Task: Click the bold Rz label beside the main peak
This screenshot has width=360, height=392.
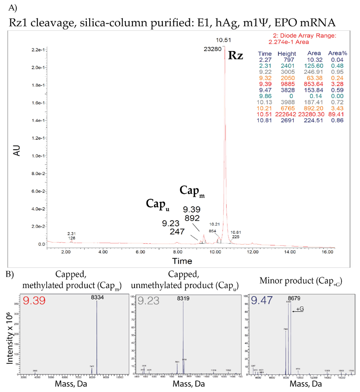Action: (x=235, y=56)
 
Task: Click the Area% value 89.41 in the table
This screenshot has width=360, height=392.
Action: (x=337, y=114)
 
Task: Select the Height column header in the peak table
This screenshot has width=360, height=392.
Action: (x=287, y=54)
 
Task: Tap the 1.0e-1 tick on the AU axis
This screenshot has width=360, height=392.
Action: (x=38, y=156)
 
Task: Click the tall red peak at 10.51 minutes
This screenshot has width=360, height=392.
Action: (x=225, y=107)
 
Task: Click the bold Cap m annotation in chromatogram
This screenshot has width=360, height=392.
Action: (x=192, y=191)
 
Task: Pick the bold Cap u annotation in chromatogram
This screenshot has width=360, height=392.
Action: (x=157, y=204)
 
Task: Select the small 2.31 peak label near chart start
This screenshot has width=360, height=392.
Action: (x=71, y=234)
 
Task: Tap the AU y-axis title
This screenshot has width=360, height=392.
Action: (x=17, y=150)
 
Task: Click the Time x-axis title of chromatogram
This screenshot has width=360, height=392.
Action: (x=182, y=261)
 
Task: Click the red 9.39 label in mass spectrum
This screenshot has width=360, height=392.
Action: (x=34, y=300)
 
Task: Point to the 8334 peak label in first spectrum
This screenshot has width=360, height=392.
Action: (x=97, y=297)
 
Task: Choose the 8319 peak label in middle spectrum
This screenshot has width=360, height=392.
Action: (x=183, y=298)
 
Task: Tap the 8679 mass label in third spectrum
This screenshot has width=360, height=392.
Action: (x=294, y=298)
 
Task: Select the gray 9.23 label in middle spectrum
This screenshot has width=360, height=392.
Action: (x=148, y=301)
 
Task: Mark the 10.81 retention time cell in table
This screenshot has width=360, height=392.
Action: (x=264, y=120)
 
